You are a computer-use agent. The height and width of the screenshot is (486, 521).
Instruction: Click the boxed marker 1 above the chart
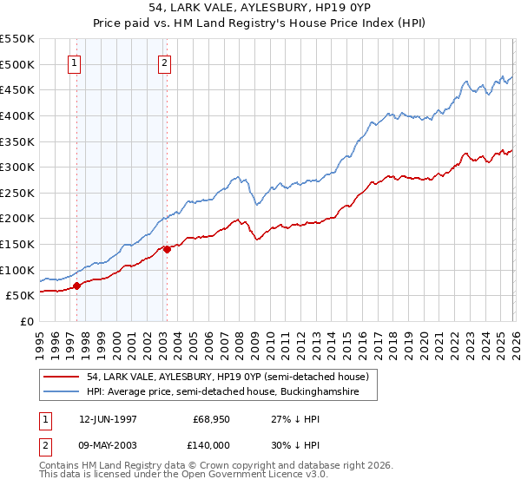[75, 62]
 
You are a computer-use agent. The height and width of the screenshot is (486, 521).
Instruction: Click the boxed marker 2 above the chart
[164, 62]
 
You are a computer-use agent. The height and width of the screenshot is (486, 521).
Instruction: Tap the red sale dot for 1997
[76, 286]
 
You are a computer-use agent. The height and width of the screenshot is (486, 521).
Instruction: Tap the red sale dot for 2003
[167, 249]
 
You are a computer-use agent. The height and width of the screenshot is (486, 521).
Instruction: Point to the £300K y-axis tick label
[17, 167]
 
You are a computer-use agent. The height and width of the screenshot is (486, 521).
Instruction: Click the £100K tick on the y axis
[17, 270]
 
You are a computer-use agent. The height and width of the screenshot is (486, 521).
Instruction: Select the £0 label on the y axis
[27, 321]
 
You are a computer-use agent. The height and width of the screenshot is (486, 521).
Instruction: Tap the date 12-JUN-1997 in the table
[108, 418]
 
